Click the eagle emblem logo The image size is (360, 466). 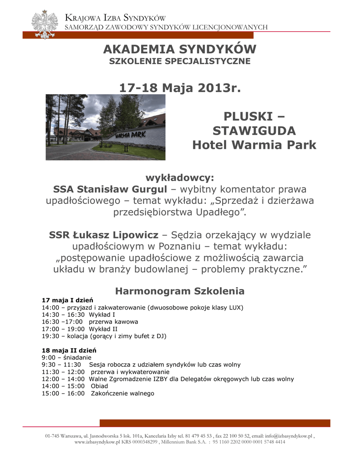pyautogui.click(x=45, y=24)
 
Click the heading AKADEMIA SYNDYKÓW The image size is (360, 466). pyautogui.click(x=180, y=49)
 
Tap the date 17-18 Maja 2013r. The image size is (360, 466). pyautogui.click(x=180, y=87)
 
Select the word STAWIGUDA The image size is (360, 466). pyautogui.click(x=254, y=131)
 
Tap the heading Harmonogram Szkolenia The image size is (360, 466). pyautogui.click(x=180, y=291)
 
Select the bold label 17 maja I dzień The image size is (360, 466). pyautogui.click(x=67, y=300)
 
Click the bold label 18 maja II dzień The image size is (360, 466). pyautogui.click(x=69, y=350)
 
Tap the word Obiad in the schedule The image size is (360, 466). pyautogui.click(x=100, y=386)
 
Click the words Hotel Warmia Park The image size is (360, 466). pyautogui.click(x=254, y=145)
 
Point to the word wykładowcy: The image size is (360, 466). pyautogui.click(x=180, y=177)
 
